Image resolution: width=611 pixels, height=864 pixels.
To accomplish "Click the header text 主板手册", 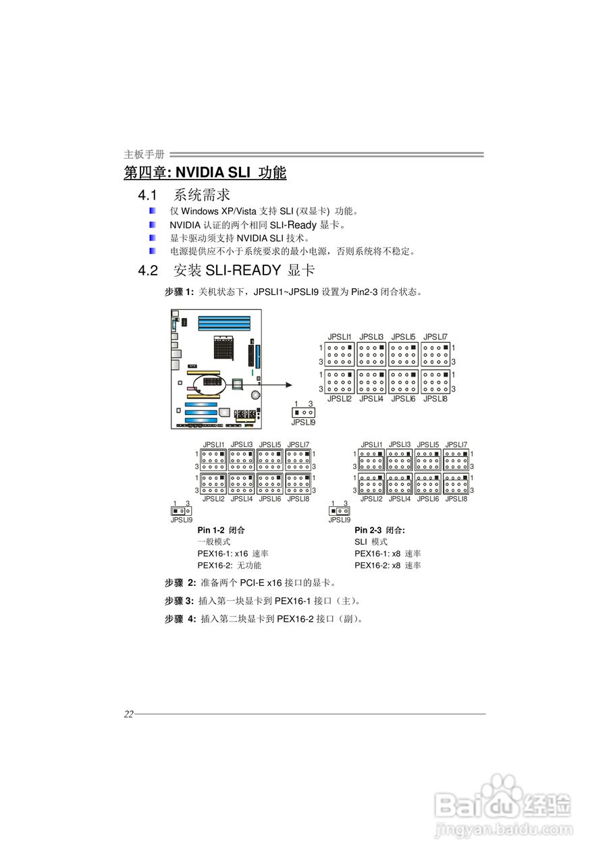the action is click(x=144, y=155).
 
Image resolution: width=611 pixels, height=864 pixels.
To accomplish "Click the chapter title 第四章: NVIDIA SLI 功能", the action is click(x=205, y=173).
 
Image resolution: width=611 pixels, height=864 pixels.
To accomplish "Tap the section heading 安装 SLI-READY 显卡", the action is click(x=244, y=271).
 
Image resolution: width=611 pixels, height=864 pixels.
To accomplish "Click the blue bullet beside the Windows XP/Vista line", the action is click(x=153, y=211).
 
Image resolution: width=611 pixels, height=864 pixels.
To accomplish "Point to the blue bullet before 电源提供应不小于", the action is click(x=153, y=251).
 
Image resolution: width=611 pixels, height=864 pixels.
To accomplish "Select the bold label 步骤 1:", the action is click(x=179, y=292).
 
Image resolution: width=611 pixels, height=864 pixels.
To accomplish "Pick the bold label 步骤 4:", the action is click(x=180, y=618).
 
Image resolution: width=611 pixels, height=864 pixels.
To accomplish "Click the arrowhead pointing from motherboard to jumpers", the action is click(x=288, y=385).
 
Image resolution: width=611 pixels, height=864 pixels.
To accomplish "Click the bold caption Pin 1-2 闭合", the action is click(x=221, y=530).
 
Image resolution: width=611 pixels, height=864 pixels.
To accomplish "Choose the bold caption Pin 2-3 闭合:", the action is click(x=379, y=530).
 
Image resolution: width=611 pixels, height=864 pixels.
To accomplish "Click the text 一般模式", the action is click(x=214, y=542).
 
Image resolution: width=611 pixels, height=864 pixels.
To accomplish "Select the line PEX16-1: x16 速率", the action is click(x=233, y=553).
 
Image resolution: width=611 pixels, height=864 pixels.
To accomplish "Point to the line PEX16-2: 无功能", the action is click(x=229, y=566).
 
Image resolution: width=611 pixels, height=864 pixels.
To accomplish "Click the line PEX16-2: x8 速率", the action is click(x=388, y=566).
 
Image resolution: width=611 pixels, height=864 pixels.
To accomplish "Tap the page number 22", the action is click(x=128, y=715).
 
